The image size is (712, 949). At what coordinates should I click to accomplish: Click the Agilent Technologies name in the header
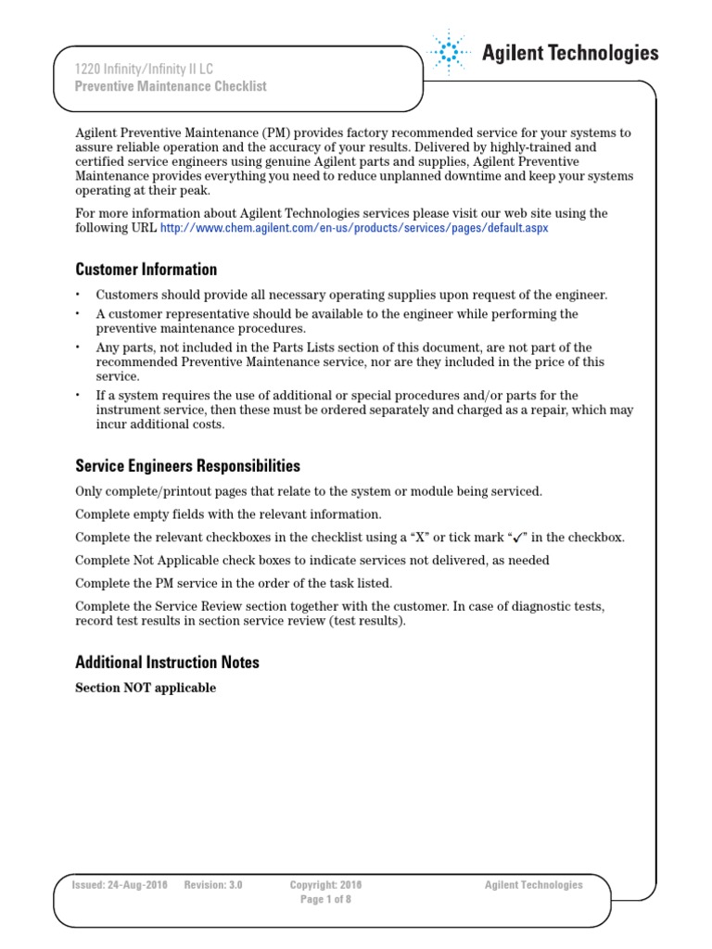click(569, 53)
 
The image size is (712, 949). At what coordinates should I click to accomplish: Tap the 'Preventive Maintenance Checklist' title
click(171, 86)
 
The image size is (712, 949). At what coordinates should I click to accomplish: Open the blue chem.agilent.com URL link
click(354, 227)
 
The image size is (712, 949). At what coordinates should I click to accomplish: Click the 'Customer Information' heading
click(146, 270)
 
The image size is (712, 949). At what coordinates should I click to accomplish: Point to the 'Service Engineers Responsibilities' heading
click(187, 465)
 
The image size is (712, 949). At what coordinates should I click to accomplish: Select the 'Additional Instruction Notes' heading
click(167, 662)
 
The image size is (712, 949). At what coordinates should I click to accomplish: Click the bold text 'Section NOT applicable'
click(146, 688)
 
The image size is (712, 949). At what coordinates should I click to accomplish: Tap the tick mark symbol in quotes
click(519, 538)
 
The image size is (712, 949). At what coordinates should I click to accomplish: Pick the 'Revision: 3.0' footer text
click(213, 885)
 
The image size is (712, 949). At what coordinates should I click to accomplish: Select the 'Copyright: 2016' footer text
click(325, 885)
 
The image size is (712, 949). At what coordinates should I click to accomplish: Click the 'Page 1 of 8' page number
click(325, 900)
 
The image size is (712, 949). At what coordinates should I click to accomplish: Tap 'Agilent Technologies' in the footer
click(533, 885)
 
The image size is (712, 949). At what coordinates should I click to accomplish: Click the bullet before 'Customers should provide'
click(79, 295)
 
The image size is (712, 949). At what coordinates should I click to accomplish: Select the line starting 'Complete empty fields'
click(228, 513)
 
